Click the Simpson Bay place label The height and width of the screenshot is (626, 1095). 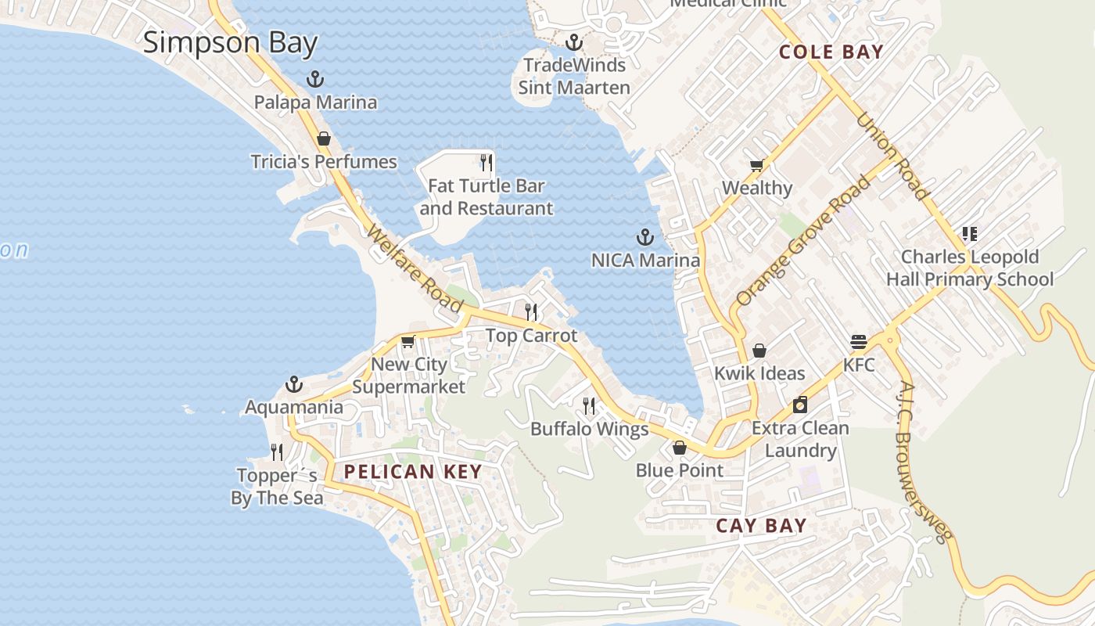click(x=230, y=42)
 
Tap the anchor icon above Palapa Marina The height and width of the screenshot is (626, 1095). click(x=314, y=78)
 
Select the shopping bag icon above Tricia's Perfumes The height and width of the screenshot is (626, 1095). click(x=324, y=139)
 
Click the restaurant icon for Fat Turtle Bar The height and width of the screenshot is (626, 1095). click(x=486, y=162)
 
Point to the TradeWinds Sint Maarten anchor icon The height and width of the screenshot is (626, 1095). click(x=575, y=41)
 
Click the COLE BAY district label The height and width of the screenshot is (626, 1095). click(x=831, y=52)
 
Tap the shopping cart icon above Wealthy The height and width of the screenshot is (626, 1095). click(x=756, y=165)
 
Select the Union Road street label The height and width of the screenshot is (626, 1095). click(x=892, y=156)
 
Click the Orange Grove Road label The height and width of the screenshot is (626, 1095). click(x=803, y=241)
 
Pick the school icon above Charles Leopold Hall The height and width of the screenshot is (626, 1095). click(x=970, y=233)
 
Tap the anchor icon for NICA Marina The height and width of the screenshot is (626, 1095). click(x=645, y=236)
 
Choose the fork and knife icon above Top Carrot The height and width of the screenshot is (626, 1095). click(x=531, y=312)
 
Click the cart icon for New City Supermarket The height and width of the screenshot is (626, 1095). click(x=407, y=341)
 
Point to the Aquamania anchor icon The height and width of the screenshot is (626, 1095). click(x=294, y=384)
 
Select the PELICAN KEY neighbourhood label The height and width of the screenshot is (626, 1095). click(x=412, y=471)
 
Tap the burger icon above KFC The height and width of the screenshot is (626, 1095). click(x=859, y=342)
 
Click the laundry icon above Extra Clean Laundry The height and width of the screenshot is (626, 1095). click(x=799, y=405)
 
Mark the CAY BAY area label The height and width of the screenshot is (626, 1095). click(x=761, y=526)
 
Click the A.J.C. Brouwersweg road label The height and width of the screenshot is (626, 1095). click(x=924, y=462)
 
